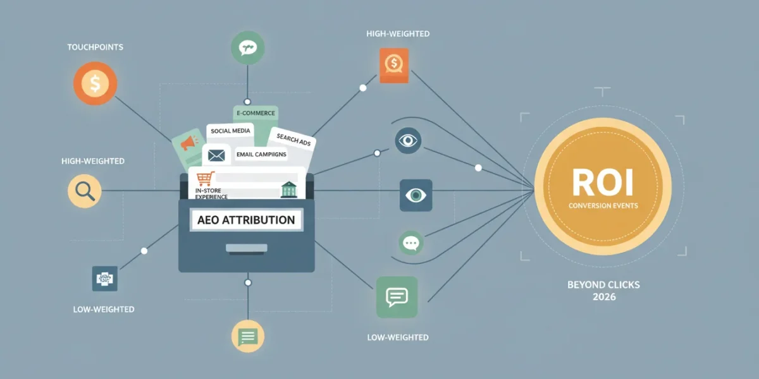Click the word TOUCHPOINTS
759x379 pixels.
[x=96, y=47]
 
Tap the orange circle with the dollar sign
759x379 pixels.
[x=96, y=83]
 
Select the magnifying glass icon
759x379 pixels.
[x=85, y=191]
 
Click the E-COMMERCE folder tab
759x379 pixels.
[x=256, y=113]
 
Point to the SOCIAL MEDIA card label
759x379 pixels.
[x=230, y=131]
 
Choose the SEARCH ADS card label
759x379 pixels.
[x=293, y=140]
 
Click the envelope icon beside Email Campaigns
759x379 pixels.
[x=216, y=155]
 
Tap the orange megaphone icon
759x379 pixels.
[x=189, y=143]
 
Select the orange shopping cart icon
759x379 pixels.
[x=206, y=179]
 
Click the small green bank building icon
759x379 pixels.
[x=288, y=189]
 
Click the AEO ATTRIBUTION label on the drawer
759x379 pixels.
[x=246, y=220]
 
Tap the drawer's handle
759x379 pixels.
[x=247, y=248]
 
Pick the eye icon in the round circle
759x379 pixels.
[x=408, y=140]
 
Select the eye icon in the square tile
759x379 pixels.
[x=416, y=195]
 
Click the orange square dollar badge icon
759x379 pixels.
[x=394, y=65]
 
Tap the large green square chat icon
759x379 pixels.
[x=397, y=297]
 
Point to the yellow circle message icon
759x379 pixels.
[x=248, y=336]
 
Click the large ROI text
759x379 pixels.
[x=603, y=183]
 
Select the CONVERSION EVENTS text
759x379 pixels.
[x=603, y=206]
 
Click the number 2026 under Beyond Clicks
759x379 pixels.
[x=604, y=297]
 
